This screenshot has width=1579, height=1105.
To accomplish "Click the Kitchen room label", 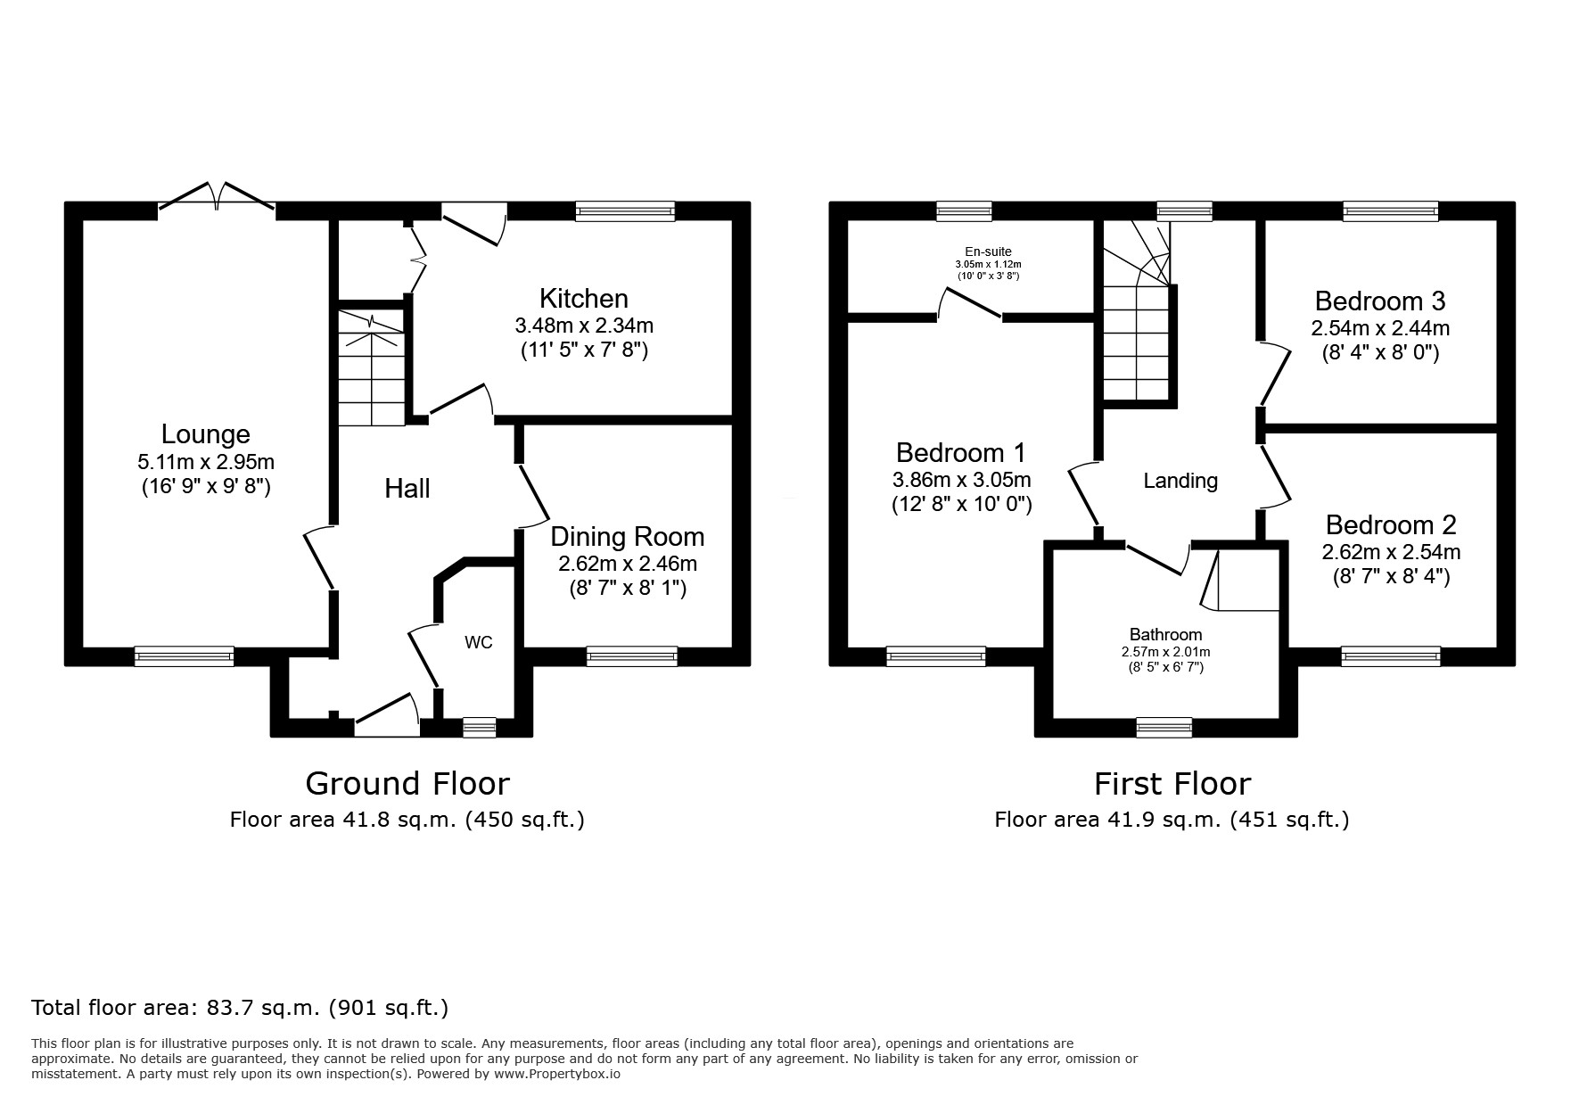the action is pyautogui.click(x=583, y=298).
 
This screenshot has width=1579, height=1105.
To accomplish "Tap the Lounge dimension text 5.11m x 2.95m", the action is pyautogui.click(x=206, y=462).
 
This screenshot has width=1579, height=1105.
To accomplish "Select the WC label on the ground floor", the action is pyautogui.click(x=478, y=642).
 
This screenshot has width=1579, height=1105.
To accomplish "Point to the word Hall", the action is pyautogui.click(x=407, y=488).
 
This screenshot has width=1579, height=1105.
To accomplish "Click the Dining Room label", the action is pyautogui.click(x=628, y=537).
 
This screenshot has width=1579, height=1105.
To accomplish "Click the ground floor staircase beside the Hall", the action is pyautogui.click(x=372, y=368).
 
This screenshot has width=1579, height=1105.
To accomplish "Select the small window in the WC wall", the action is pyautogui.click(x=479, y=728).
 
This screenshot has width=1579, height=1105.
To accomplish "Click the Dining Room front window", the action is pyautogui.click(x=631, y=657).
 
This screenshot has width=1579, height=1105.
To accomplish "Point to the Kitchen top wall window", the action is pyautogui.click(x=625, y=211).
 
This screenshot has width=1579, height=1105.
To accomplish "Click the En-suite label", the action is pyautogui.click(x=988, y=252).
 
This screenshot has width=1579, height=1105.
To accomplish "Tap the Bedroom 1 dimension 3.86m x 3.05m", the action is pyautogui.click(x=962, y=480).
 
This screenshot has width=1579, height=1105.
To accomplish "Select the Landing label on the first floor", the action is pyautogui.click(x=1180, y=481).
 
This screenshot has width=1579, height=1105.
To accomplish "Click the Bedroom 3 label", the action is pyautogui.click(x=1380, y=301).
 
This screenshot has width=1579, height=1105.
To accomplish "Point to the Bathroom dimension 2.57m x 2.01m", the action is pyautogui.click(x=1166, y=652).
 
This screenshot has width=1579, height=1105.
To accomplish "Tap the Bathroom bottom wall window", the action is pyautogui.click(x=1164, y=728).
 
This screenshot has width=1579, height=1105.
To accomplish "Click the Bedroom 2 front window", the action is pyautogui.click(x=1391, y=657).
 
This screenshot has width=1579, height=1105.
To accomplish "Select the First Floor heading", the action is pyautogui.click(x=1172, y=784).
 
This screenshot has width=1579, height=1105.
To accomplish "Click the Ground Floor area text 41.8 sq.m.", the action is pyautogui.click(x=407, y=820).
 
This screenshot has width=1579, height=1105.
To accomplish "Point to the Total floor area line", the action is pyautogui.click(x=240, y=1008).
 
